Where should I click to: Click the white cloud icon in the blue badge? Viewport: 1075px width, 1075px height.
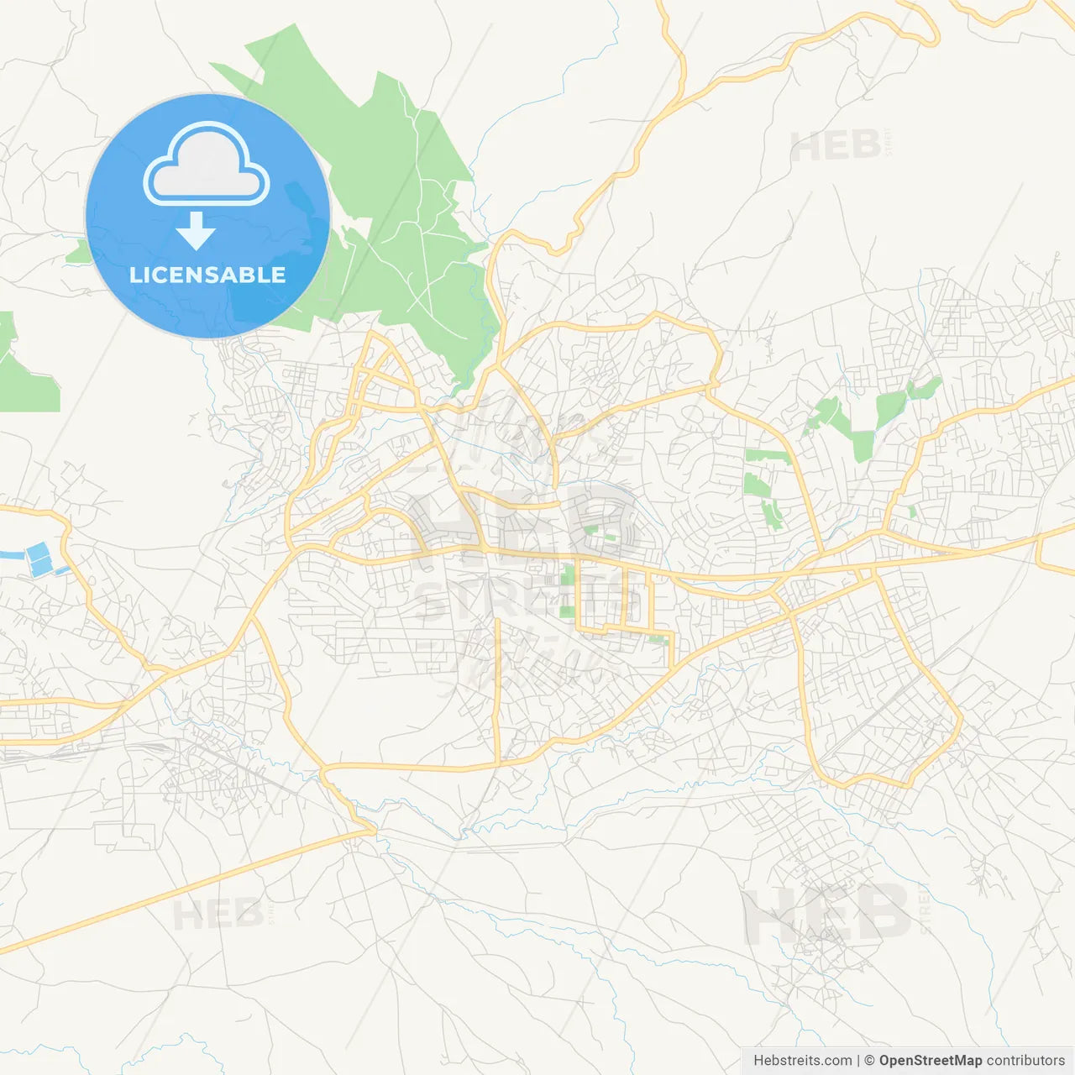pyautogui.click(x=207, y=164)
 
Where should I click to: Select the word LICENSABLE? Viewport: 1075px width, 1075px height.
pyautogui.click(x=207, y=275)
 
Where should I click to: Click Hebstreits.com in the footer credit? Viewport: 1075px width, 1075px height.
pyautogui.click(x=802, y=1061)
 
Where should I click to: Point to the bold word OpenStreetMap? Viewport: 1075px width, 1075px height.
pyautogui.click(x=930, y=1061)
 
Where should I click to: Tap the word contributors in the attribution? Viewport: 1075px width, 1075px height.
pyautogui.click(x=1025, y=1061)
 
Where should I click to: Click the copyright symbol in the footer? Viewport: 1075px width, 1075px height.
pyautogui.click(x=869, y=1061)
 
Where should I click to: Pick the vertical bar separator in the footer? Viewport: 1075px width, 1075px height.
pyautogui.click(x=857, y=1061)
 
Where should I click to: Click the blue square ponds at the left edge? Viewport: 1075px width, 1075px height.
pyautogui.click(x=39, y=559)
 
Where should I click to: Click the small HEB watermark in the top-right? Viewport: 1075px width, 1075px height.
pyautogui.click(x=836, y=147)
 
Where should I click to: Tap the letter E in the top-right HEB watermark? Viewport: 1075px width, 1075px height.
pyautogui.click(x=836, y=147)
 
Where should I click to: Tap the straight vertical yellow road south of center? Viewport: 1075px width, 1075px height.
pyautogui.click(x=498, y=689)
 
